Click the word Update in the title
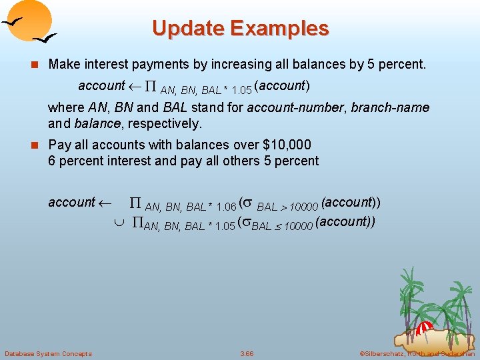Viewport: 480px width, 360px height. [188, 29]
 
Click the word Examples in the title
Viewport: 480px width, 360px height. [280, 29]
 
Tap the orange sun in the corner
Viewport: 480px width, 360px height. [31, 19]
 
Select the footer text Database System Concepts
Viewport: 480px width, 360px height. [48, 353]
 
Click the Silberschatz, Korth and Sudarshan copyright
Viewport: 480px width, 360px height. [417, 353]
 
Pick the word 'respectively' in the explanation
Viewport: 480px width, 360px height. [164, 123]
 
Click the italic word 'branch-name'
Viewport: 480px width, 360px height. [390, 107]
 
